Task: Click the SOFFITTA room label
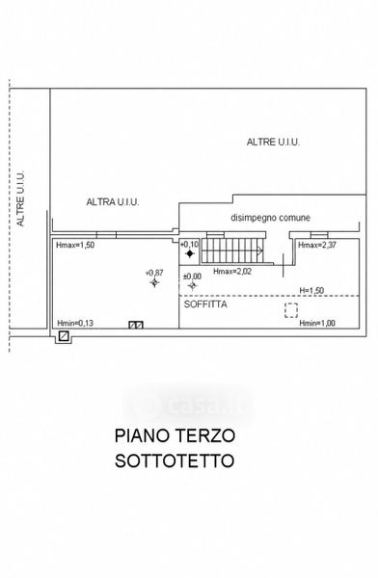tap(205, 304)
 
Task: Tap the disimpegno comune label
tap(271, 218)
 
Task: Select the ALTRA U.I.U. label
tap(113, 202)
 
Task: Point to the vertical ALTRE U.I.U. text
tap(20, 198)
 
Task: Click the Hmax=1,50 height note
tap(75, 245)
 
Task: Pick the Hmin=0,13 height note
tap(75, 324)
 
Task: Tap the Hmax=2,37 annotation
tap(317, 245)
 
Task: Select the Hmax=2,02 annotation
tap(232, 272)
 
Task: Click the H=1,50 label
tap(311, 291)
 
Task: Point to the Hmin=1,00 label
tap(317, 324)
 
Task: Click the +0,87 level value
tap(154, 273)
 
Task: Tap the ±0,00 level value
tap(192, 276)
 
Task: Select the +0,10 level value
tap(189, 244)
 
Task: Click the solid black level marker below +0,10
tap(190, 253)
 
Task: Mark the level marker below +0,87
tap(154, 282)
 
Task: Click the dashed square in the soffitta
tap(291, 310)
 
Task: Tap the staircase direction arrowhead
tap(260, 251)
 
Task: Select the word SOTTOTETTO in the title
tap(175, 460)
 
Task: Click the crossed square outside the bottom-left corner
tap(64, 336)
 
